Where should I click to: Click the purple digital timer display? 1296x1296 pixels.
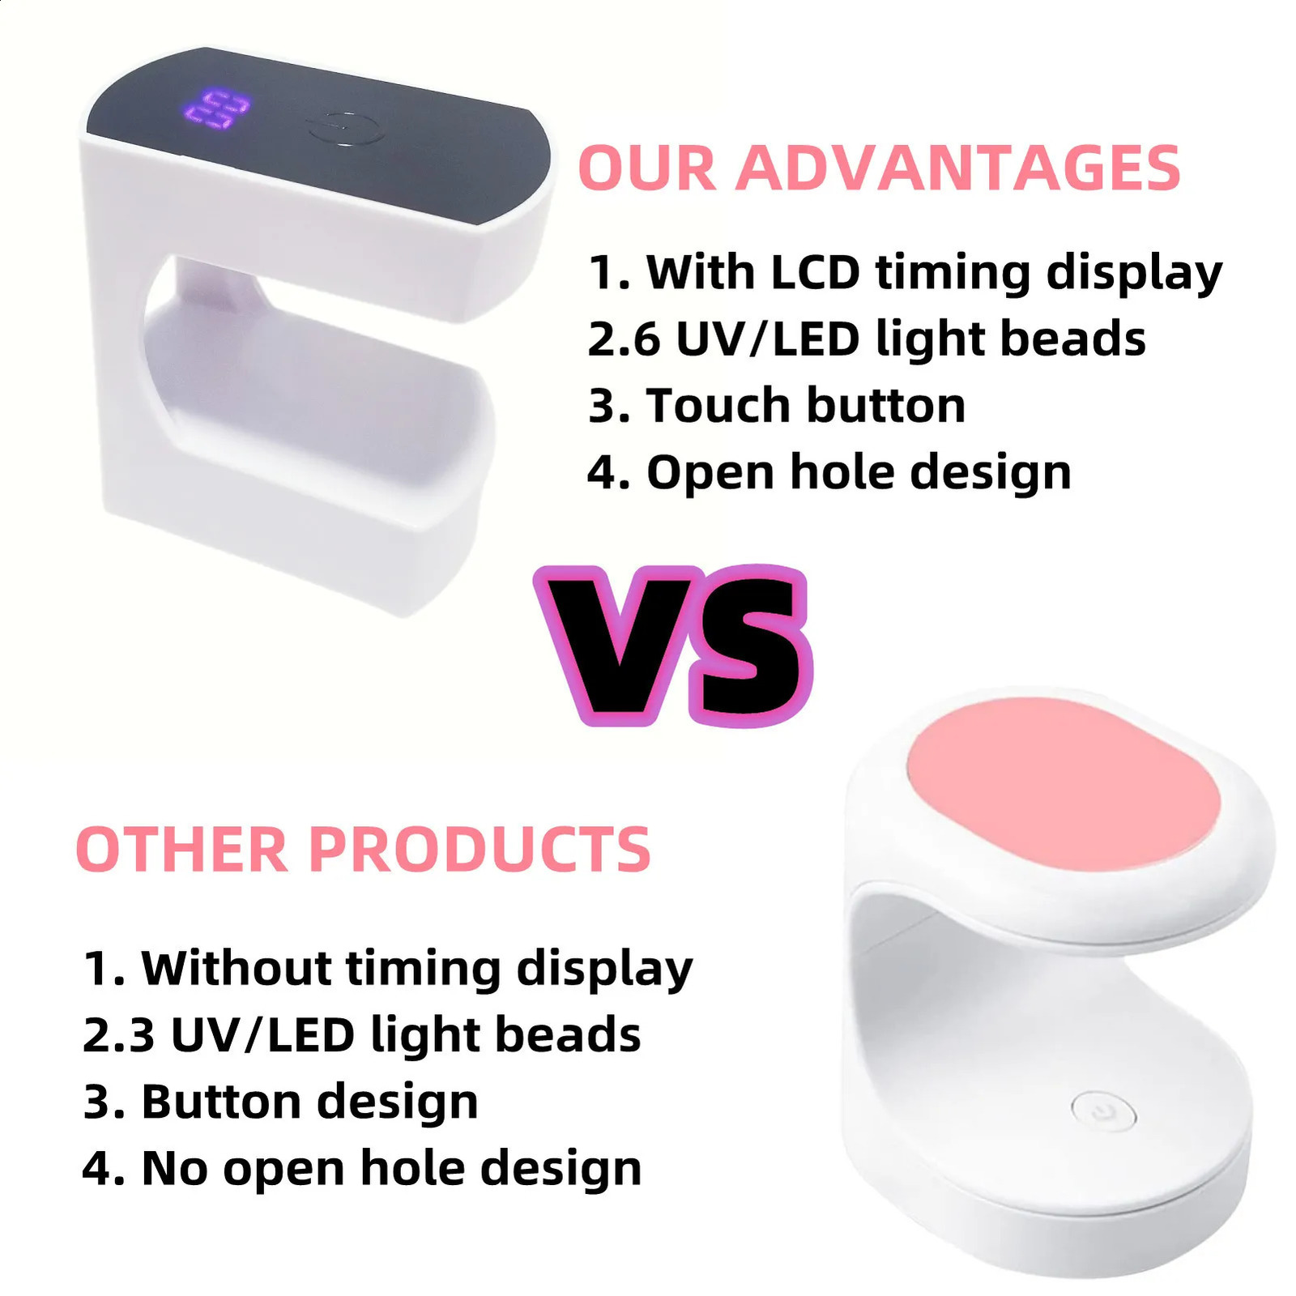(x=216, y=109)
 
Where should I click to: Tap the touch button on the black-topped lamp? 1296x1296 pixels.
(x=344, y=129)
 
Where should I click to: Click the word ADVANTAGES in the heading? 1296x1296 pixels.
(x=957, y=168)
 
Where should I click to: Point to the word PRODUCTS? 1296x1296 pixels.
(x=480, y=850)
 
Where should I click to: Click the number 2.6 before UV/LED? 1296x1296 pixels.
(x=624, y=339)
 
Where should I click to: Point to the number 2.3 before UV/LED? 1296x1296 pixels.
(x=118, y=1035)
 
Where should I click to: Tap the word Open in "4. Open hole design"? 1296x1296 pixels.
(x=710, y=472)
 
